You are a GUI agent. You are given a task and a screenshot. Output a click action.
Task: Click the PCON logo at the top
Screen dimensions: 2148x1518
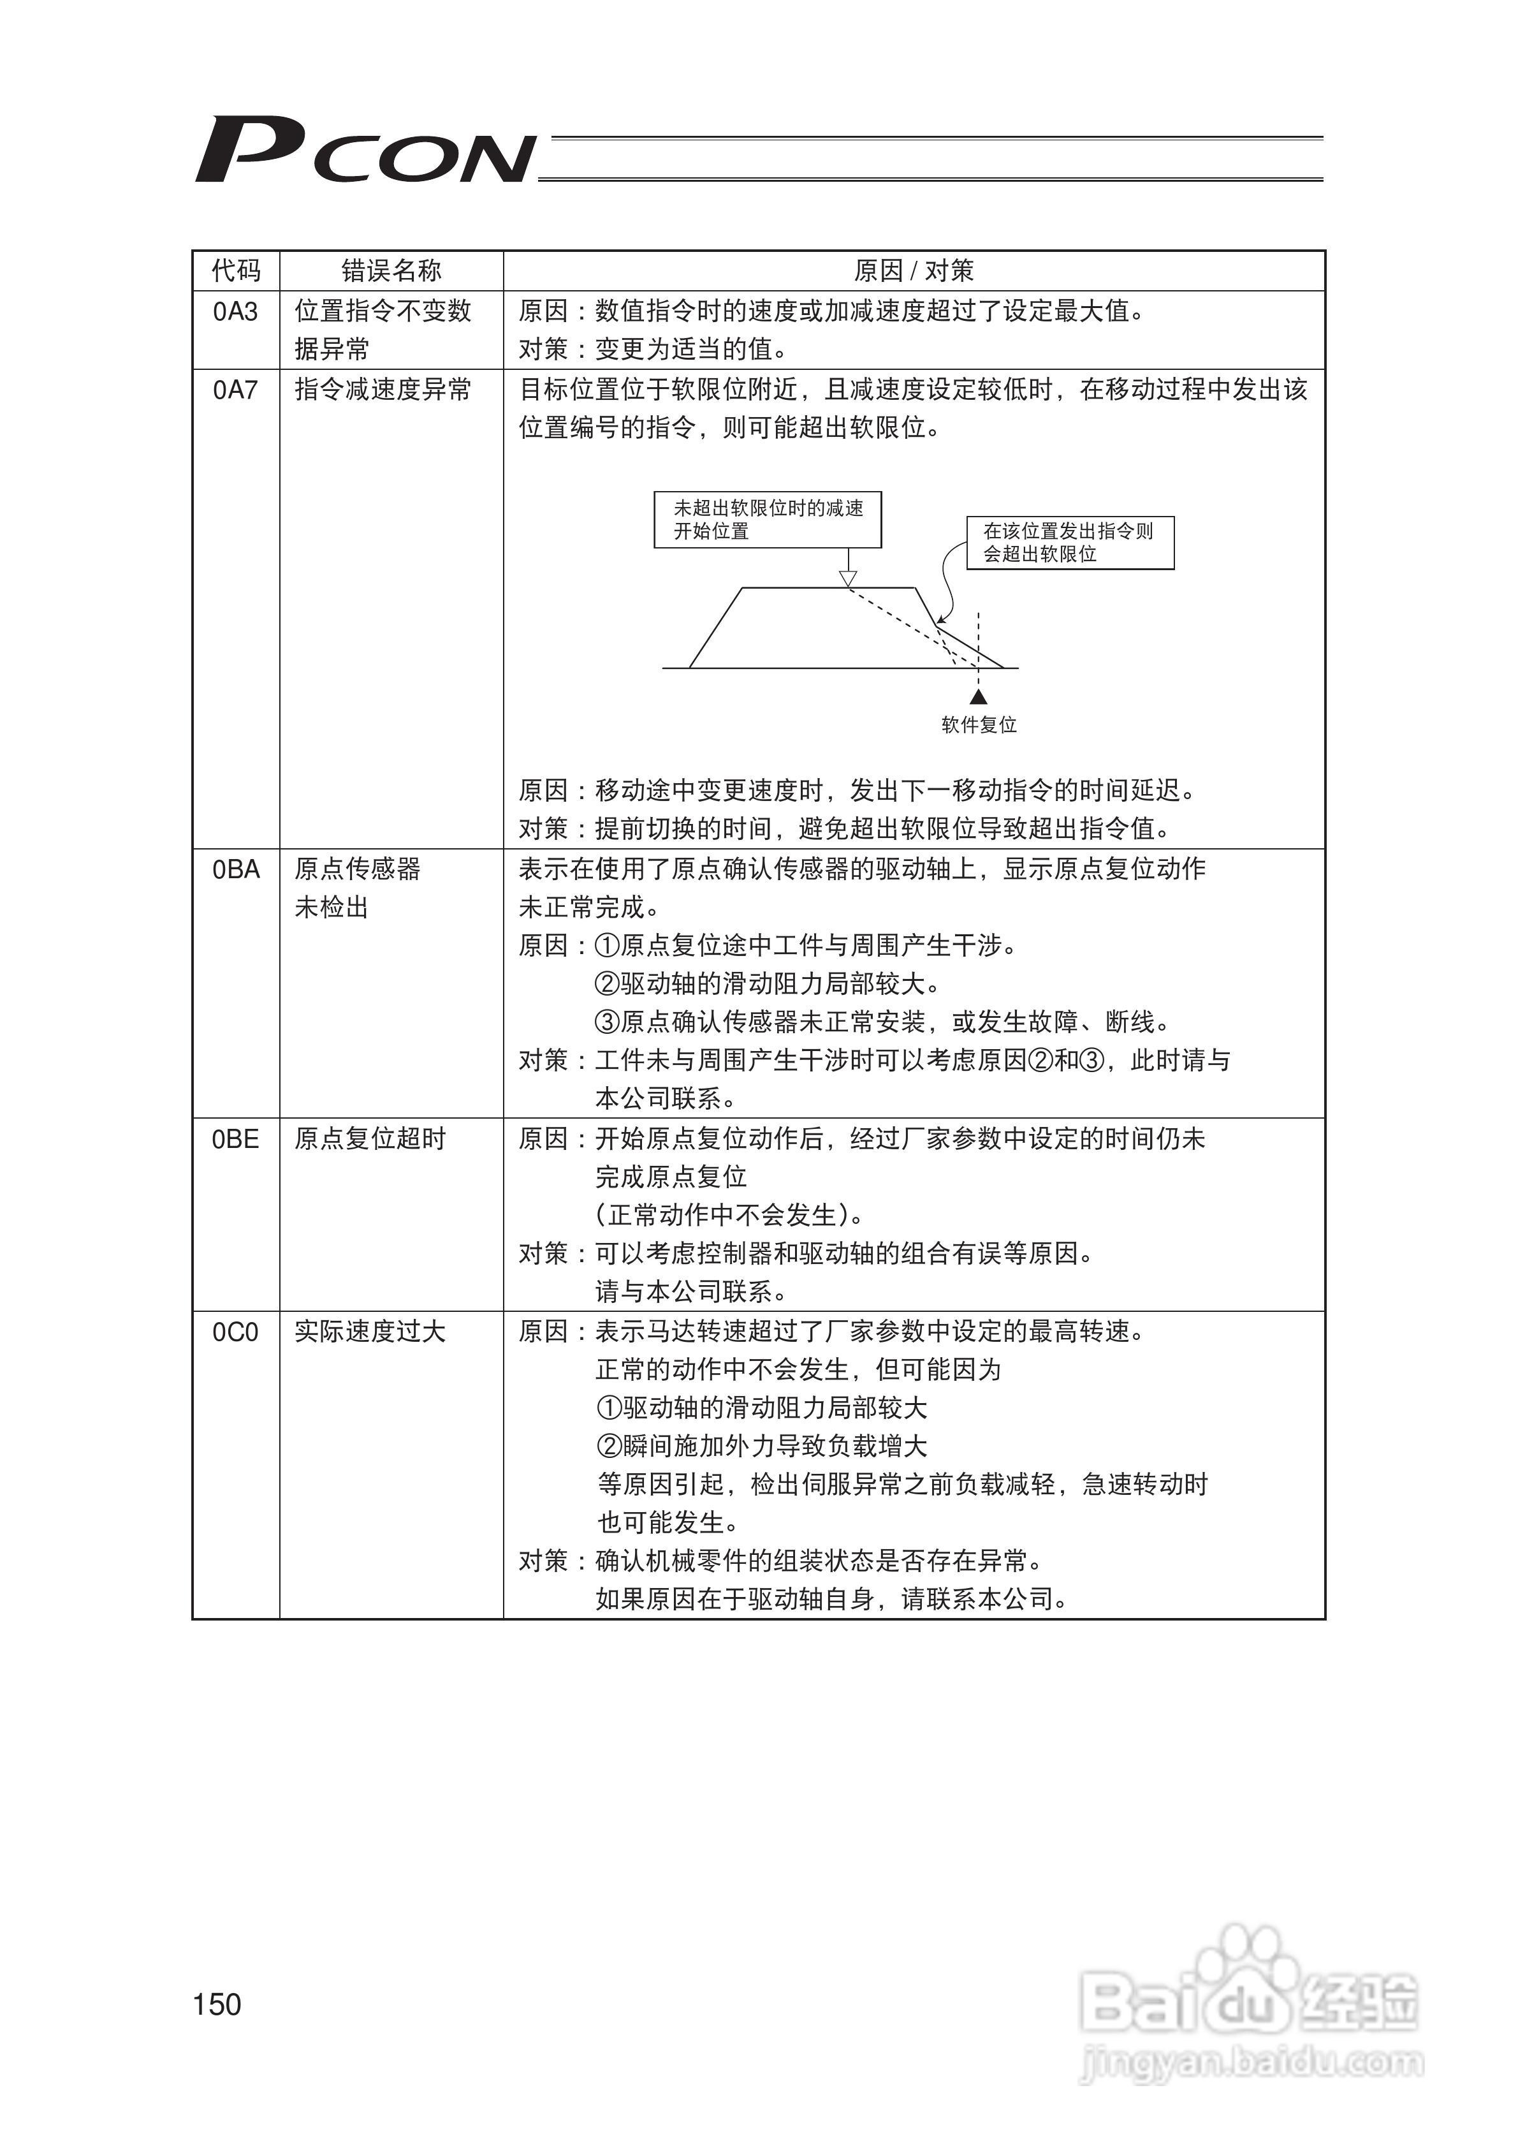click(365, 150)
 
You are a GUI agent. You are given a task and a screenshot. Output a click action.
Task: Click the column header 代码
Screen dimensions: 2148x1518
click(236, 271)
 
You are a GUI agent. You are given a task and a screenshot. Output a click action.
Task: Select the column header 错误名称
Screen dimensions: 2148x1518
click(391, 271)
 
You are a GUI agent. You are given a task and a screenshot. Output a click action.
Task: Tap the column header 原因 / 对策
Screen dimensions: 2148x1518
click(913, 271)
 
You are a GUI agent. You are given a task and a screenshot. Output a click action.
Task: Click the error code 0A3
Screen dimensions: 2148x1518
click(236, 311)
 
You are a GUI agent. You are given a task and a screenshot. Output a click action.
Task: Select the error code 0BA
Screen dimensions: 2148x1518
click(236, 870)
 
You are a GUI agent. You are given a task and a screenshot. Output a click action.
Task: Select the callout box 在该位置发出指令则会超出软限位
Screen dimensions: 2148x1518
click(1070, 543)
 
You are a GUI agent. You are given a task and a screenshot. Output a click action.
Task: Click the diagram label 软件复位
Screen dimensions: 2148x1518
click(979, 725)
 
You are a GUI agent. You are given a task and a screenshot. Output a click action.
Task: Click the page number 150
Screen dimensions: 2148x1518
click(217, 2004)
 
